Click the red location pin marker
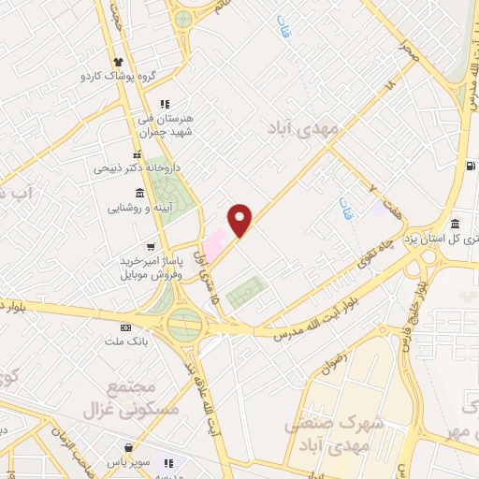tap(240, 220)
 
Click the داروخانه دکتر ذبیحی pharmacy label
tap(132, 169)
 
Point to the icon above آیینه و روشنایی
tap(139, 192)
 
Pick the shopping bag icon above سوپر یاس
tap(169, 462)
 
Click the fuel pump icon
tap(468, 167)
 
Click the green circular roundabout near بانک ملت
tap(185, 325)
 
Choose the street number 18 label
tap(392, 85)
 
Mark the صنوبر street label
tap(408, 51)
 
